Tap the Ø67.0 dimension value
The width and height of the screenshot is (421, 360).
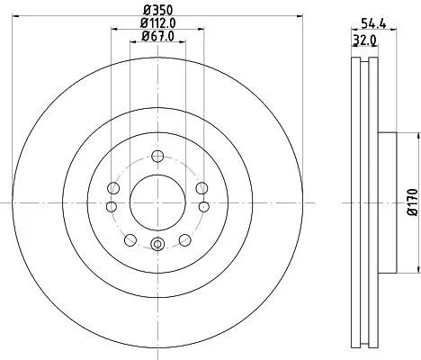[157, 36]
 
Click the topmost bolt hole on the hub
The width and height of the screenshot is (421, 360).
[157, 154]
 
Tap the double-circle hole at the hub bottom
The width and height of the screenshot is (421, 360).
[157, 243]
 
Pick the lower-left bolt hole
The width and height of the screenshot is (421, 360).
[130, 239]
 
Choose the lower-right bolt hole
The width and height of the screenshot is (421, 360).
[184, 239]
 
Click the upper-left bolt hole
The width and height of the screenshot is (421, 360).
[113, 188]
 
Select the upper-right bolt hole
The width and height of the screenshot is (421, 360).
[200, 187]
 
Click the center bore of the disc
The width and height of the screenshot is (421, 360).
[157, 201]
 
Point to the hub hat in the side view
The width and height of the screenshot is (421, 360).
[386, 202]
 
